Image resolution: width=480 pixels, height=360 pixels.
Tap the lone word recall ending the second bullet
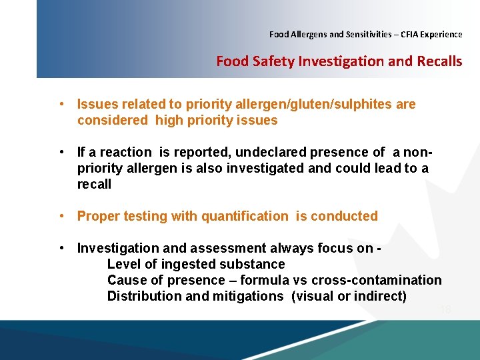click(94, 184)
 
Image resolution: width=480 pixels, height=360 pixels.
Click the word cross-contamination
click(377, 280)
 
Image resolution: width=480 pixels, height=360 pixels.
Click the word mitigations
click(248, 296)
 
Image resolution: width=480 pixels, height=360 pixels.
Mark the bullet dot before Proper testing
click(61, 216)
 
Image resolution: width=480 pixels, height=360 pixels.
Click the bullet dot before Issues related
click(61, 104)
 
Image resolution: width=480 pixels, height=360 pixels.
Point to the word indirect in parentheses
click(379, 296)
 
